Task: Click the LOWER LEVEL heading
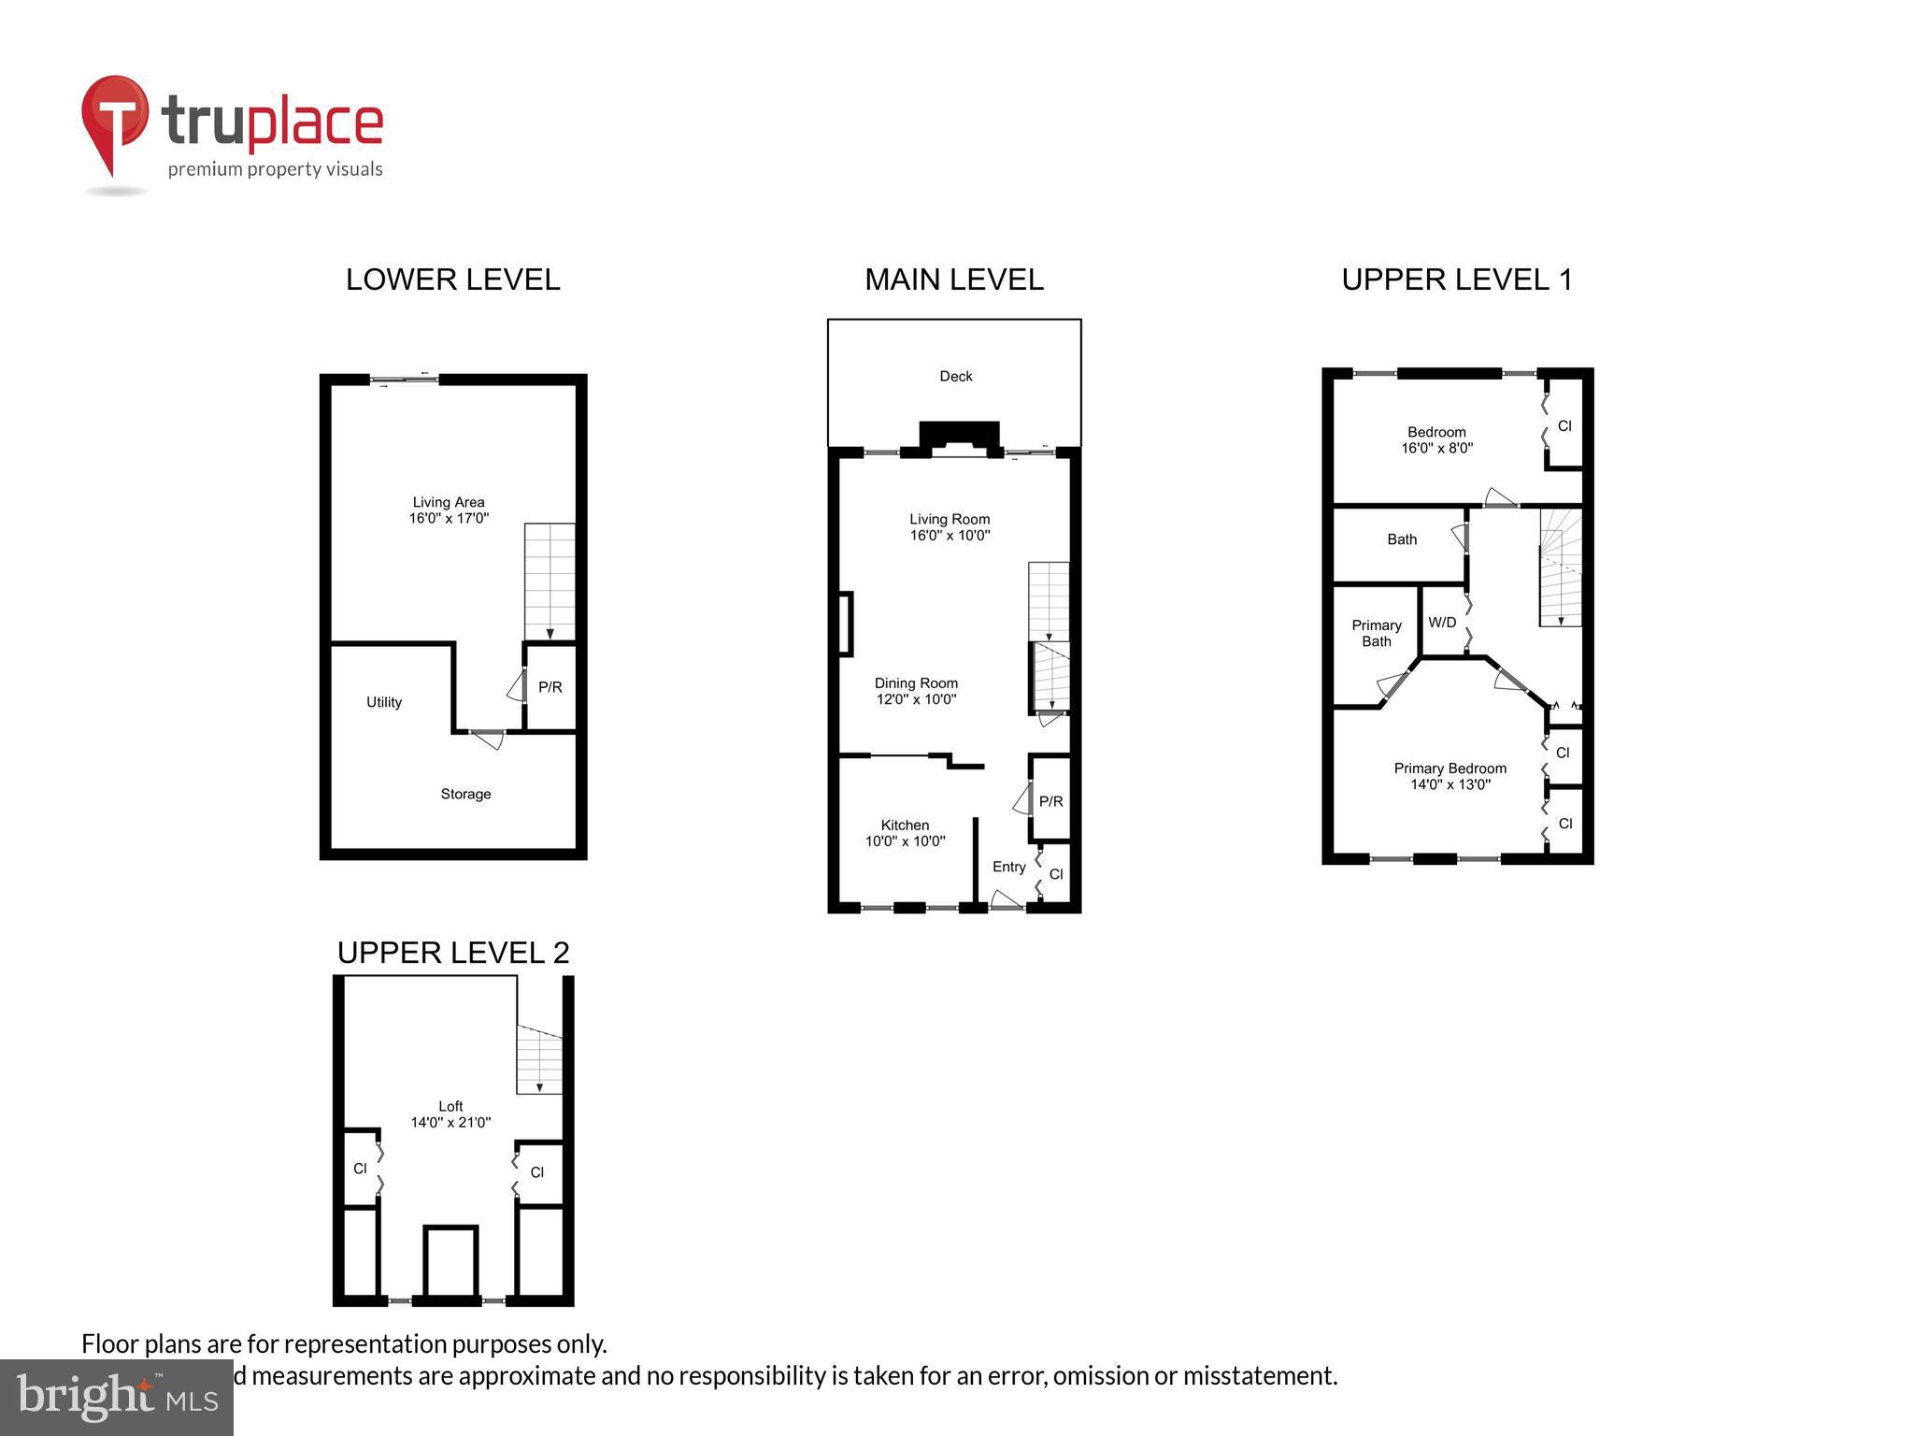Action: coord(452,280)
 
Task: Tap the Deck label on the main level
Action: coord(955,376)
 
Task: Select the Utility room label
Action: coord(383,702)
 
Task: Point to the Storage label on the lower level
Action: coord(465,794)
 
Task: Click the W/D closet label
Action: coord(1442,623)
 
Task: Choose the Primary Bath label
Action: coord(1376,633)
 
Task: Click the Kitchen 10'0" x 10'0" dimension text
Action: coord(905,840)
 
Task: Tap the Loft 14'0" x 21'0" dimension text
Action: coord(450,1122)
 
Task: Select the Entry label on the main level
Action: coord(1008,867)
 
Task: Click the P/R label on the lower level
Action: coord(550,687)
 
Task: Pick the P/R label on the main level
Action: coord(1050,801)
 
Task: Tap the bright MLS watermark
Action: coord(117,1397)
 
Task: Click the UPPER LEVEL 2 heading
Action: coord(452,953)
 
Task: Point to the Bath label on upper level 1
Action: coord(1401,539)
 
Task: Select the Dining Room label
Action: coord(916,683)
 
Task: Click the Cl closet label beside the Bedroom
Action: coord(1564,426)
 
